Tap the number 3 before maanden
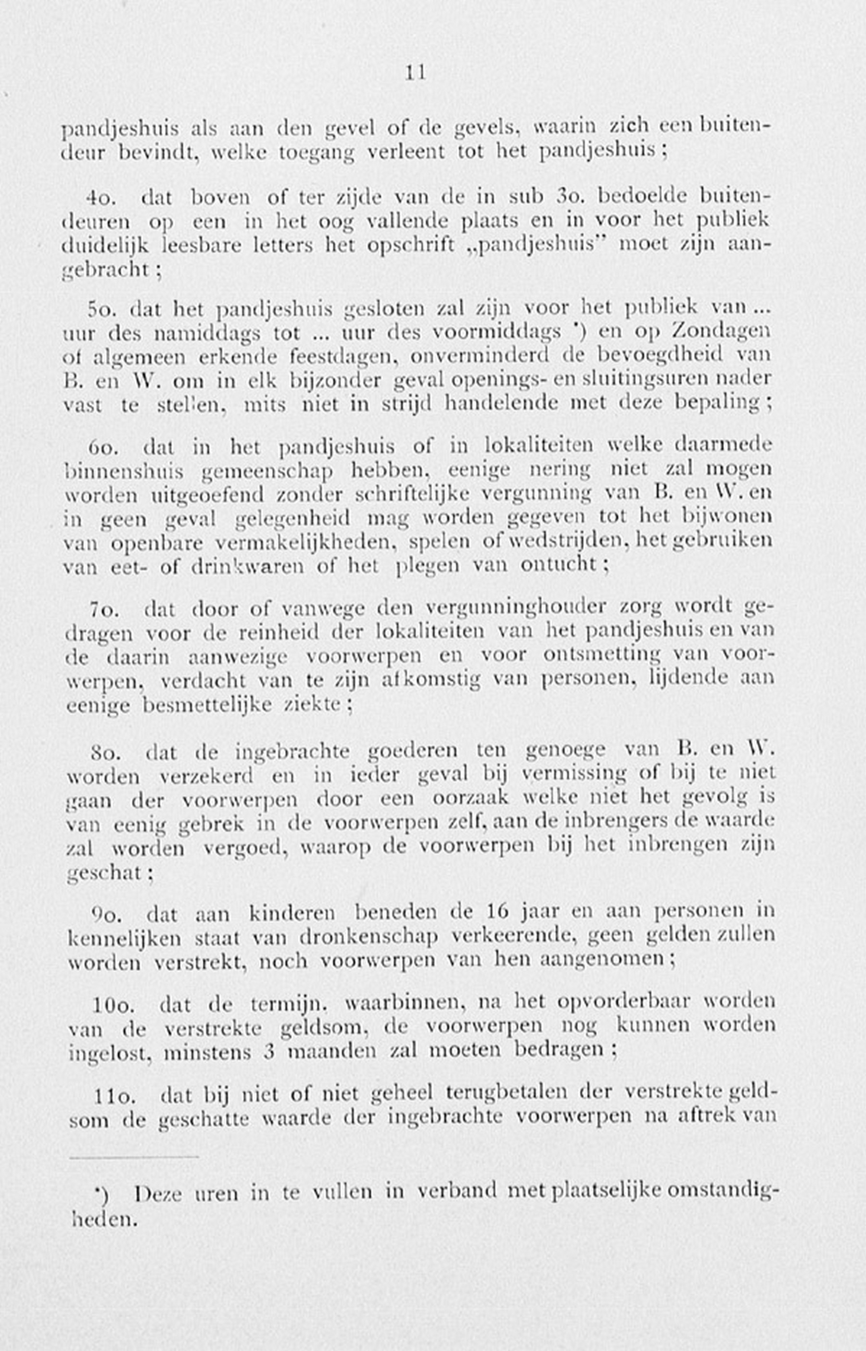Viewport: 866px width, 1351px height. point(269,1052)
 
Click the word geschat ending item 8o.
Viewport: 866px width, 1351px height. point(106,873)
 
